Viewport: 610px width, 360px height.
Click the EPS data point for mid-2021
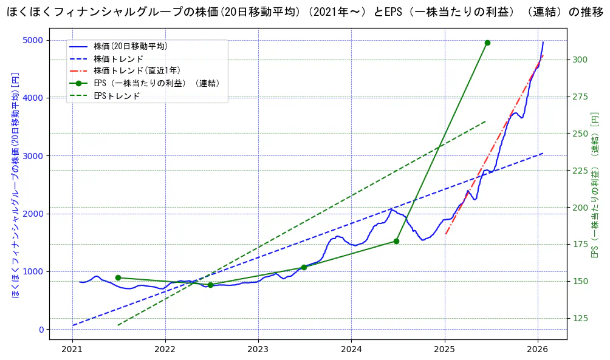tap(118, 278)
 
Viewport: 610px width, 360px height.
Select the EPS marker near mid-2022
tap(210, 285)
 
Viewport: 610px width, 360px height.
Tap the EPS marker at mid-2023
tap(304, 267)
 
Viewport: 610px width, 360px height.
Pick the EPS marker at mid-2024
tap(396, 241)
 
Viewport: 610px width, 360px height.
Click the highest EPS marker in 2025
tap(487, 42)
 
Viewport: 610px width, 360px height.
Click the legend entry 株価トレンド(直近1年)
tap(137, 70)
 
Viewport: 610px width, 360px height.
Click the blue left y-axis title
tap(15, 185)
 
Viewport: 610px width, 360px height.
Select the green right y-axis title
tap(595, 185)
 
